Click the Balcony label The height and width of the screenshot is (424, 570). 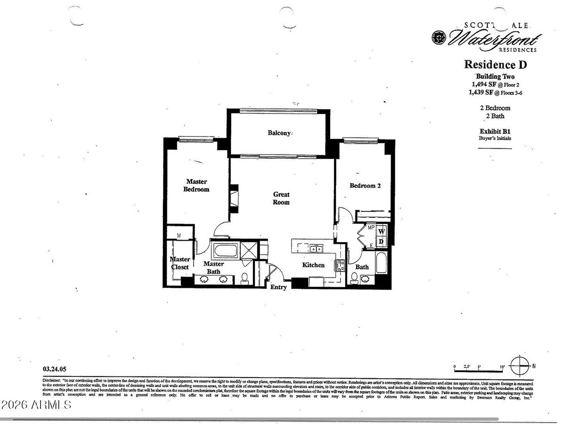coord(279,133)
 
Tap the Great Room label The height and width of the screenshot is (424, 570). coord(281,198)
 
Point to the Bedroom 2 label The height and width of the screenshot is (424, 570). coord(365,186)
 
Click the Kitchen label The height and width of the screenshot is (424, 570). coord(313,265)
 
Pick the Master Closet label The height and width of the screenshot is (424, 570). coord(179,263)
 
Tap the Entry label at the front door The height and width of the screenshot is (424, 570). coord(278,287)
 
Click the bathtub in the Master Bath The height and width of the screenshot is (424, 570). coord(225,250)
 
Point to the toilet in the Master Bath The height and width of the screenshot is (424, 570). coord(245,279)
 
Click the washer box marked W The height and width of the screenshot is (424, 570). coord(382,231)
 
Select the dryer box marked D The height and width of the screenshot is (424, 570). coord(382,242)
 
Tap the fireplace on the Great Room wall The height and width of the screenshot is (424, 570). coord(233,198)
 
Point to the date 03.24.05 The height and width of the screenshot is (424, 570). coord(53,370)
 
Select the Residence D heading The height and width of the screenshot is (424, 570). coord(495,65)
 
